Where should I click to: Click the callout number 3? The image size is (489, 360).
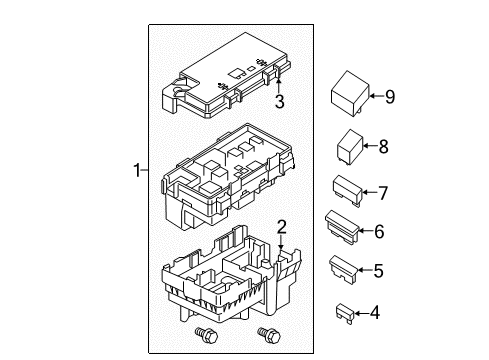[x=281, y=101]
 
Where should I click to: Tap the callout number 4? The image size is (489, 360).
[x=375, y=313]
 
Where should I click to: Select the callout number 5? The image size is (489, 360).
[x=379, y=269]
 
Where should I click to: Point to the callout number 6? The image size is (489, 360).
[x=378, y=231]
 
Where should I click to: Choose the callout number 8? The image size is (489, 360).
[x=382, y=146]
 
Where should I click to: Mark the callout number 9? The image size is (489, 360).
[x=390, y=96]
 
